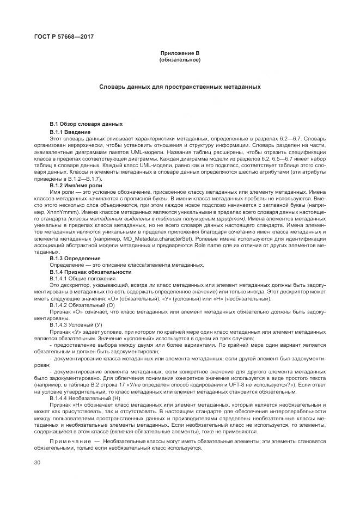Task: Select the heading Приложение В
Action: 180,53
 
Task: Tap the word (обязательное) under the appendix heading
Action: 180,59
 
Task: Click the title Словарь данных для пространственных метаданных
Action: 180,87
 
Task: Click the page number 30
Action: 37,462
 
